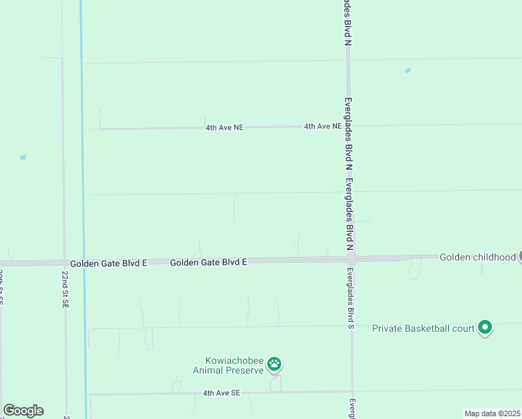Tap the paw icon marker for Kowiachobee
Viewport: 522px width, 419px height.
pos(275,364)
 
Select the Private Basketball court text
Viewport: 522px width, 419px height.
pos(423,328)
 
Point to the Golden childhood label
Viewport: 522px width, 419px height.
pos(477,257)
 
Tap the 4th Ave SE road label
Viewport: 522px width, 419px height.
pos(221,393)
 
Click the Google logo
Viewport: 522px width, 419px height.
pos(23,411)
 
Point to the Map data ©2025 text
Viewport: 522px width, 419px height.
pos(492,413)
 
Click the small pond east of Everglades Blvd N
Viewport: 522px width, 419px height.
pos(408,71)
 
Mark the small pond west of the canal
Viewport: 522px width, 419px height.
pos(23,158)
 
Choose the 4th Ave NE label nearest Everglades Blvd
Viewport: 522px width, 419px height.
pos(322,126)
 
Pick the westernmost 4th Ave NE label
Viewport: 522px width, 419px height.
pos(224,128)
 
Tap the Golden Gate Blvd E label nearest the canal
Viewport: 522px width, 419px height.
pos(108,263)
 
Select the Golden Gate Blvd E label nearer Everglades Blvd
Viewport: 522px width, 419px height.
pos(209,262)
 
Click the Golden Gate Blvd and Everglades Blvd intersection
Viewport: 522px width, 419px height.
pos(352,259)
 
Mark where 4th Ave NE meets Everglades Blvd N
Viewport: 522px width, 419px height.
pos(348,126)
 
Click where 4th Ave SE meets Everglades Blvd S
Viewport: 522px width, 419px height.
pos(352,392)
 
